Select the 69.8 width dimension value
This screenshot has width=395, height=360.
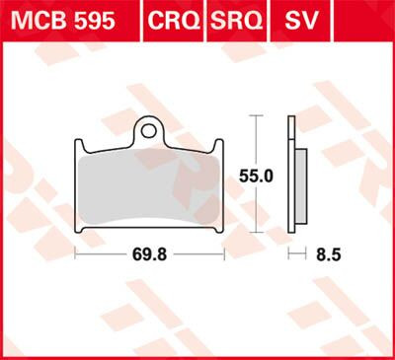pos(151,253)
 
